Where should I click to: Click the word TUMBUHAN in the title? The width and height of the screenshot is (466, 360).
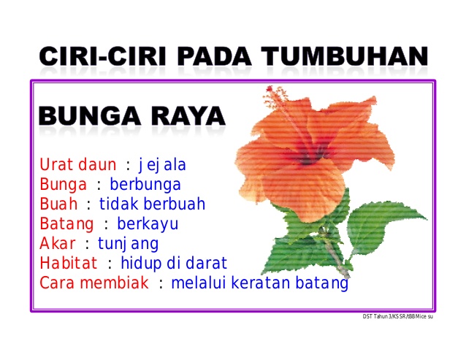pyautogui.click(x=345, y=55)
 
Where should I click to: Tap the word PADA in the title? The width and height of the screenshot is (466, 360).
pyautogui.click(x=215, y=55)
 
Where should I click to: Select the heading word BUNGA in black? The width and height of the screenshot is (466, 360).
pyautogui.click(x=89, y=116)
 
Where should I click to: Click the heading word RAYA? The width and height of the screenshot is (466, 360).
pyautogui.click(x=188, y=116)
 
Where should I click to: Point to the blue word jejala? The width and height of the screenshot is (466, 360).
pyautogui.click(x=162, y=165)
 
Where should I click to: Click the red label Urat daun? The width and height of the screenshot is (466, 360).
pyautogui.click(x=78, y=164)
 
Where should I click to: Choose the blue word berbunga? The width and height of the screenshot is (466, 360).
pyautogui.click(x=145, y=185)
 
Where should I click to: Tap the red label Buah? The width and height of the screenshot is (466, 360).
pyautogui.click(x=58, y=204)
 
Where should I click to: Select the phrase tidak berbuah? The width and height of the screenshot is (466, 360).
pyautogui.click(x=152, y=204)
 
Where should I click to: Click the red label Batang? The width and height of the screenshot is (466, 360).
pyautogui.click(x=66, y=224)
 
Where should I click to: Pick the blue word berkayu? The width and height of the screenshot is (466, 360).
pyautogui.click(x=148, y=224)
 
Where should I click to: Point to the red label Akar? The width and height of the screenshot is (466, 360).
pyautogui.click(x=58, y=243)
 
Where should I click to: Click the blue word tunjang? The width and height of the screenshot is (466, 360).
pyautogui.click(x=128, y=244)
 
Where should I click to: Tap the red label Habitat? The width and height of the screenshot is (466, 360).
pyautogui.click(x=69, y=263)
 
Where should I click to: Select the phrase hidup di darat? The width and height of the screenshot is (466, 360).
pyautogui.click(x=174, y=264)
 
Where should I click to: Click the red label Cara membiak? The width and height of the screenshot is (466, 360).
pyautogui.click(x=94, y=283)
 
